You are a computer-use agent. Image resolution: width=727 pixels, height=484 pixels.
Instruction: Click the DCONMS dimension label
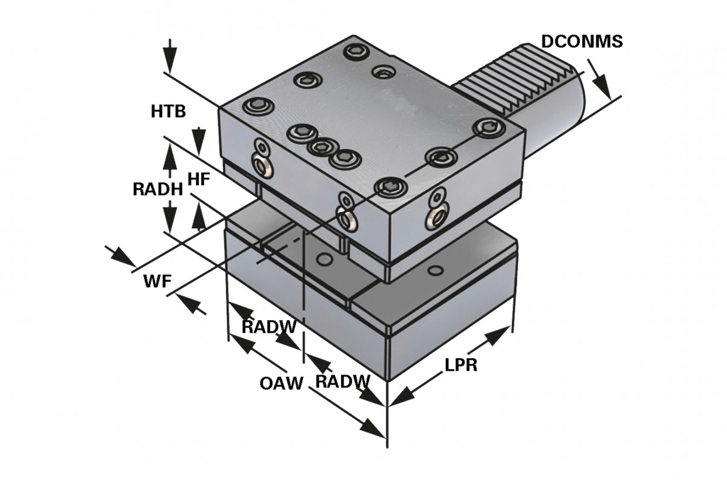click(x=581, y=41)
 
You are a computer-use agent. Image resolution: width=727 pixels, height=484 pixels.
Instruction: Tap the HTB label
click(x=168, y=111)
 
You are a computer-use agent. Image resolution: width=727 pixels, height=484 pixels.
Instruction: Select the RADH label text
click(x=158, y=189)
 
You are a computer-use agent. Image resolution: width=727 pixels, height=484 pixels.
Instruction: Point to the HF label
click(x=199, y=178)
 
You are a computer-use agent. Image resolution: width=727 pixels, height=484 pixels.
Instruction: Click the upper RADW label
click(x=268, y=327)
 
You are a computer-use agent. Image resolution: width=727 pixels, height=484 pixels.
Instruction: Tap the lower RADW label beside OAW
click(x=342, y=381)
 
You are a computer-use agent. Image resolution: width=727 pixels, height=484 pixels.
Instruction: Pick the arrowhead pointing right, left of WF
click(x=122, y=257)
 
